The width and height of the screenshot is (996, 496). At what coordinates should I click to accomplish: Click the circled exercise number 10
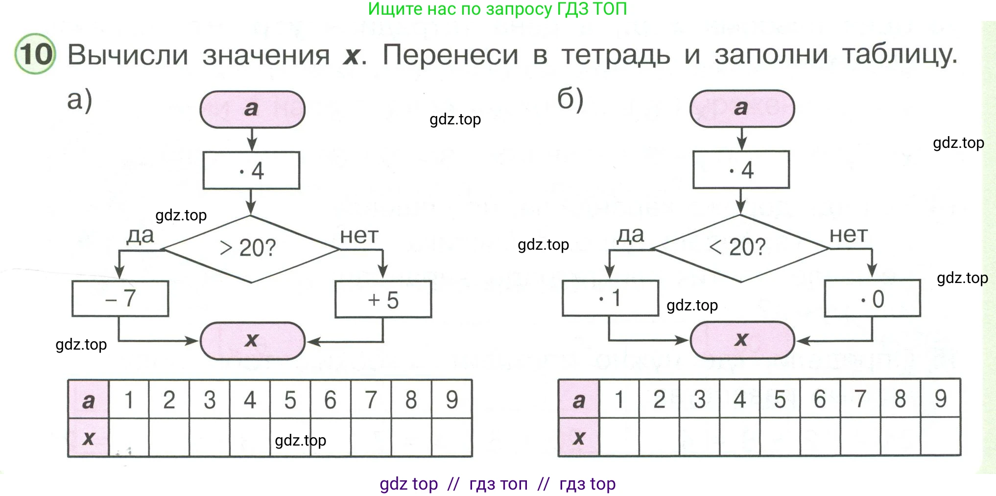[35, 53]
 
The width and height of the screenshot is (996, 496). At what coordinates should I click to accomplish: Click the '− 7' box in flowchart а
[120, 298]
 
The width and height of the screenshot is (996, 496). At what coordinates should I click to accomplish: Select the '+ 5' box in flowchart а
[383, 299]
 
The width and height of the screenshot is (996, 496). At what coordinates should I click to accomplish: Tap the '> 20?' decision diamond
[251, 249]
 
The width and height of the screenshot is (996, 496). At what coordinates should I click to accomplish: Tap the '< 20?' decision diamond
[740, 248]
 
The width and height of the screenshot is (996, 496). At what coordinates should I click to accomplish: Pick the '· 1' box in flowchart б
[610, 298]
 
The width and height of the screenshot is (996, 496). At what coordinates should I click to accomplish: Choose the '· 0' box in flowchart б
[872, 298]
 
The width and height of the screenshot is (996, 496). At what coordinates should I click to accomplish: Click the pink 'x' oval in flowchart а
[252, 340]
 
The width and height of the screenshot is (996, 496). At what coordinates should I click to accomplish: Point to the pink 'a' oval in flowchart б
[742, 108]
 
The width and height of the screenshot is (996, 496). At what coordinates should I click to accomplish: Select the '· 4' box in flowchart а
[251, 170]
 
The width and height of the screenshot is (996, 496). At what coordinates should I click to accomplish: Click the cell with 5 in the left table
[290, 400]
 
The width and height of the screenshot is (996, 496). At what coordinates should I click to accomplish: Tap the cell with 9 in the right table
[940, 399]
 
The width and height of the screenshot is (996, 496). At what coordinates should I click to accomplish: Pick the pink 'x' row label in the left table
[89, 438]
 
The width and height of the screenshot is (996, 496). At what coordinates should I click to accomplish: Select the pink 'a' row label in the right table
[579, 400]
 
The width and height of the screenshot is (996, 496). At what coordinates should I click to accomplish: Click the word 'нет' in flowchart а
[359, 236]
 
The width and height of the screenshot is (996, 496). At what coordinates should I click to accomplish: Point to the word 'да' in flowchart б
[630, 235]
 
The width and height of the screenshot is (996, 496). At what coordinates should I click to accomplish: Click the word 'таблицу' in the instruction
[899, 55]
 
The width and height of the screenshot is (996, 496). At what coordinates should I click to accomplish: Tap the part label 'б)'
[570, 100]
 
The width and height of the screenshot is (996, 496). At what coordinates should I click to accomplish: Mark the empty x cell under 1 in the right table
[619, 437]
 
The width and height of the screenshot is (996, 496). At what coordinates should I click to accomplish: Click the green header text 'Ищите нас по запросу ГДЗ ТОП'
[497, 9]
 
